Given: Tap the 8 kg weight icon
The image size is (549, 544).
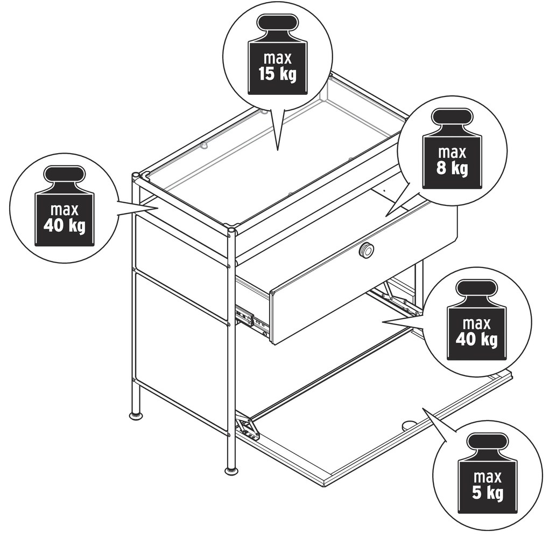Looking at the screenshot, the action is point(452,149).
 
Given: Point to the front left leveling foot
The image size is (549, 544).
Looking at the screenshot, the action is point(137,416).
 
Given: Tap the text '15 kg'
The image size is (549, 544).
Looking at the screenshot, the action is point(277,74).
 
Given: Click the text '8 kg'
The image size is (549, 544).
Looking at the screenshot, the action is point(452,169).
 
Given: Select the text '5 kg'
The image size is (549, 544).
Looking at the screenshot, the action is point(488,493).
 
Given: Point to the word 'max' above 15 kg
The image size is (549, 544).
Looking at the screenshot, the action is point(278,58).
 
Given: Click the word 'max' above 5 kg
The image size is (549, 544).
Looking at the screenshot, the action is point(488,477).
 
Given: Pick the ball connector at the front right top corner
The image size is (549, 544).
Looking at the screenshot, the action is point(231,231).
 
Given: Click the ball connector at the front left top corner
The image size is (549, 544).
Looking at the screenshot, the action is point(136,175).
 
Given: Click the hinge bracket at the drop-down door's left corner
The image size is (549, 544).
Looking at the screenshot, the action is point(248,428).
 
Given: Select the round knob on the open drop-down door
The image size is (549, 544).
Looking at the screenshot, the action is point(408,425).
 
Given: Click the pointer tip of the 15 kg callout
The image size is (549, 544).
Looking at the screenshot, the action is point(278,150).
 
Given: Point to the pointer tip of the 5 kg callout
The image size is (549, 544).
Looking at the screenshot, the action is point(423,408).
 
